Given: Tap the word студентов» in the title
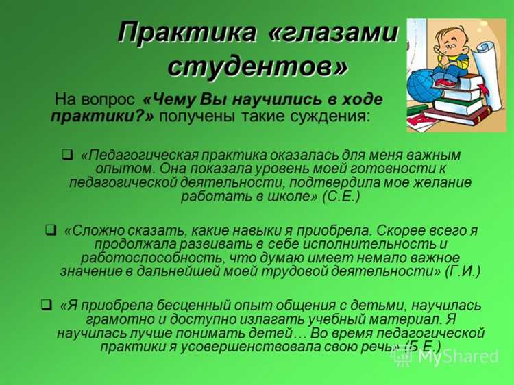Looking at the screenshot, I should point(257,66).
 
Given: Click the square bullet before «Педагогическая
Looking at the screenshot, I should point(67,154).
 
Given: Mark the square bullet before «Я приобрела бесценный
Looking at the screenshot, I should point(47,304).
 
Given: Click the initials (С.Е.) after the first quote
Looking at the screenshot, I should point(341,197).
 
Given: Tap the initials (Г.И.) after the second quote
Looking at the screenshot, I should point(463,271).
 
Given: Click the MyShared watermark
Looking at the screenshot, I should point(458,356).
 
